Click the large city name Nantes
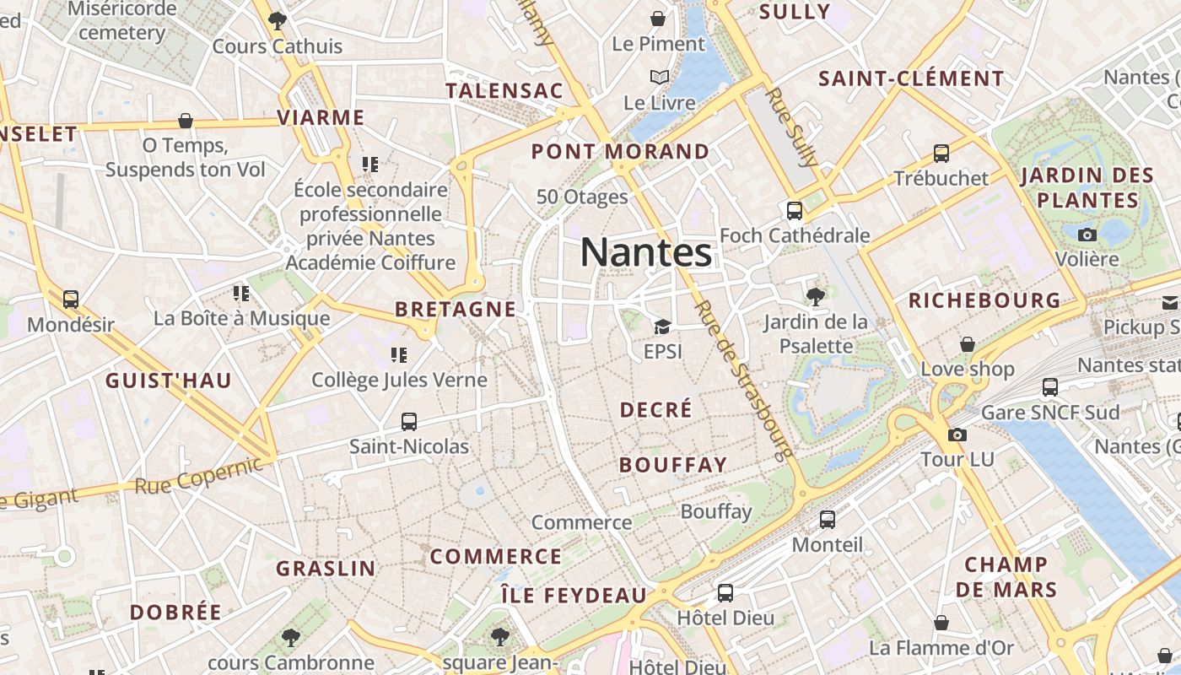point(646,252)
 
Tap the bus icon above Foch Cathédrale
point(795,210)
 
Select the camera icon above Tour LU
point(957,435)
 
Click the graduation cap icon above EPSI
point(662,327)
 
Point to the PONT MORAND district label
point(620,152)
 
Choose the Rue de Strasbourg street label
point(745,381)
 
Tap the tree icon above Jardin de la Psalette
point(815,295)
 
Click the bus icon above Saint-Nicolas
point(409,421)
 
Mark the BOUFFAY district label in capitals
point(672,465)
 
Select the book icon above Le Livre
point(660,78)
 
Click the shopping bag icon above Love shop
point(968,344)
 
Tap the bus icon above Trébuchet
point(941,154)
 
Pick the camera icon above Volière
point(1087,235)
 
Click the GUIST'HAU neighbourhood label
point(168,381)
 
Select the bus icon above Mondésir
point(71,299)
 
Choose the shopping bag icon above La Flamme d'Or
point(941,624)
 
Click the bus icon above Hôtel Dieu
point(725,592)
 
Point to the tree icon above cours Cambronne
point(291,637)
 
